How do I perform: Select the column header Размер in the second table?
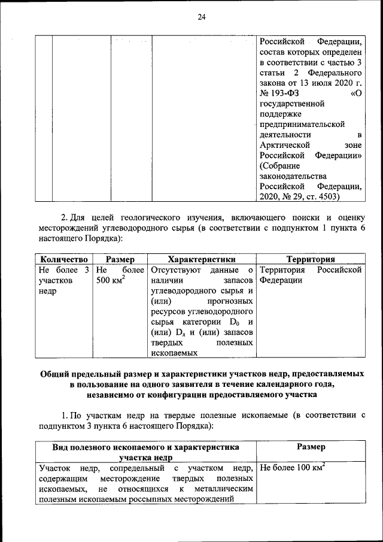pyautogui.click(x=120, y=259)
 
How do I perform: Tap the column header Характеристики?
pyautogui.click(x=202, y=259)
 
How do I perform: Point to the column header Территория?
pyautogui.click(x=310, y=259)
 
